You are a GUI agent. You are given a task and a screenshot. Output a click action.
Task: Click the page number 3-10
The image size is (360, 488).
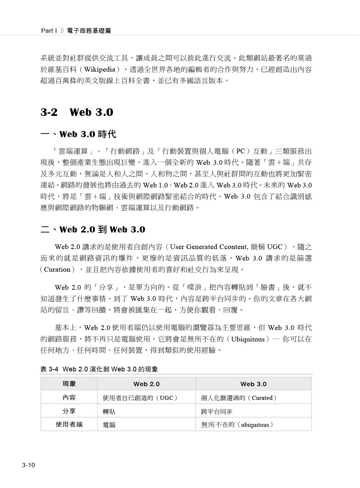click(x=28, y=465)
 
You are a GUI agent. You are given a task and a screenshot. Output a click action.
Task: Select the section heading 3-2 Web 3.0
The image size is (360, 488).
click(x=77, y=112)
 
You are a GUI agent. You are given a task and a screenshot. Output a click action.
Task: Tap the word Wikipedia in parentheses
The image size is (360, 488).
click(x=100, y=69)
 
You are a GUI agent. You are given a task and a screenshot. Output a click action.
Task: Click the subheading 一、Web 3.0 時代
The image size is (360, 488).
click(x=78, y=134)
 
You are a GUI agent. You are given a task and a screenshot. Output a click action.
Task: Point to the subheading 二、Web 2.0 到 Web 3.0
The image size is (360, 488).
click(x=93, y=230)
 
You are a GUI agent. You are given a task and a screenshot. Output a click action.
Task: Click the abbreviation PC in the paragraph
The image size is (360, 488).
click(x=240, y=151)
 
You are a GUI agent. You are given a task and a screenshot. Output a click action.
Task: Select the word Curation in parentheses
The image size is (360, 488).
click(x=57, y=270)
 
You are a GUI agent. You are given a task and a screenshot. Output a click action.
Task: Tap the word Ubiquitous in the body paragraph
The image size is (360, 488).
click(x=248, y=339)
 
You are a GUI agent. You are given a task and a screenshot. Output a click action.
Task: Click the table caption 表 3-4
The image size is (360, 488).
click(x=49, y=369)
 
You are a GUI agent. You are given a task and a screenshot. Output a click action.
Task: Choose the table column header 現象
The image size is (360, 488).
click(x=69, y=384)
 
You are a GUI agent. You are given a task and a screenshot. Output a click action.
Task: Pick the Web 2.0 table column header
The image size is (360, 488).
click(x=146, y=384)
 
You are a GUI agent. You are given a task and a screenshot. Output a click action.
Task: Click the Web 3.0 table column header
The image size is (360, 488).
click(x=253, y=384)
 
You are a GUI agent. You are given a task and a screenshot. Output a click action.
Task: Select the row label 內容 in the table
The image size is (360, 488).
click(x=69, y=397)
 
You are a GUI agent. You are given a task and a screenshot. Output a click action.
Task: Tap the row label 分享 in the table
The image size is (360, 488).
click(x=69, y=411)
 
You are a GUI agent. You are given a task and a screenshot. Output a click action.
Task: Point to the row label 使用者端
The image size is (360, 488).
click(x=69, y=425)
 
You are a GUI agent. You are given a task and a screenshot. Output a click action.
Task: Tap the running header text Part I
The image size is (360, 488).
click(x=49, y=31)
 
